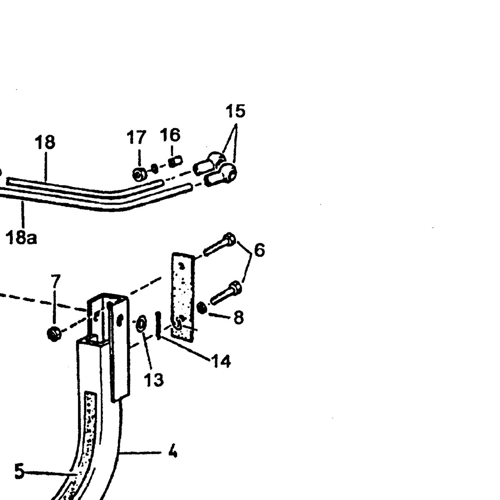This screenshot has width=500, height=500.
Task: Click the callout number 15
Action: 235,111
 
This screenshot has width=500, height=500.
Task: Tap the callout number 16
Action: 170,135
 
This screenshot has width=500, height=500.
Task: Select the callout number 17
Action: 136,137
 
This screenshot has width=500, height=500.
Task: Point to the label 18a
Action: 21,237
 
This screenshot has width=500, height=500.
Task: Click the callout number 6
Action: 259,250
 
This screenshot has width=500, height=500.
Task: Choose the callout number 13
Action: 154,380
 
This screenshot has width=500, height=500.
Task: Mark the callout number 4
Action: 173,452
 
